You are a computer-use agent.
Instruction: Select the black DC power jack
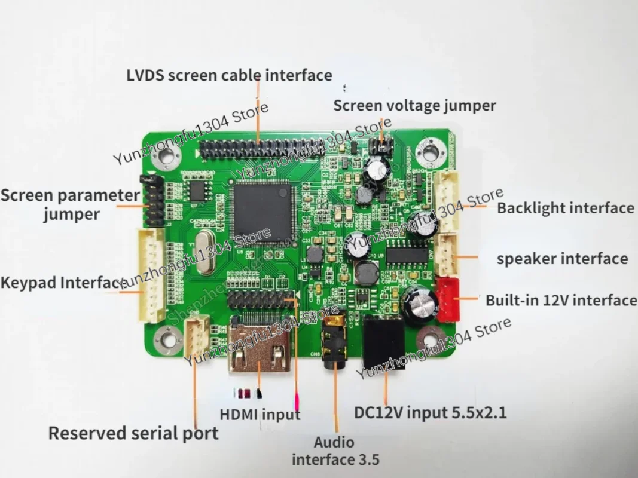click(384, 343)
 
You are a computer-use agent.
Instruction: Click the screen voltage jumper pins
click(379, 145)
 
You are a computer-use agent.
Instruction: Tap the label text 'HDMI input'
click(260, 414)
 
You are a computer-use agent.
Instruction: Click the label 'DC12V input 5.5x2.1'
click(430, 412)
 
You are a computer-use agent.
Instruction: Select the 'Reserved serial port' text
click(133, 433)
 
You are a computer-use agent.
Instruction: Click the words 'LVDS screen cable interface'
click(229, 75)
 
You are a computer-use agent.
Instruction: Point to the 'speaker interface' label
click(562, 259)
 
